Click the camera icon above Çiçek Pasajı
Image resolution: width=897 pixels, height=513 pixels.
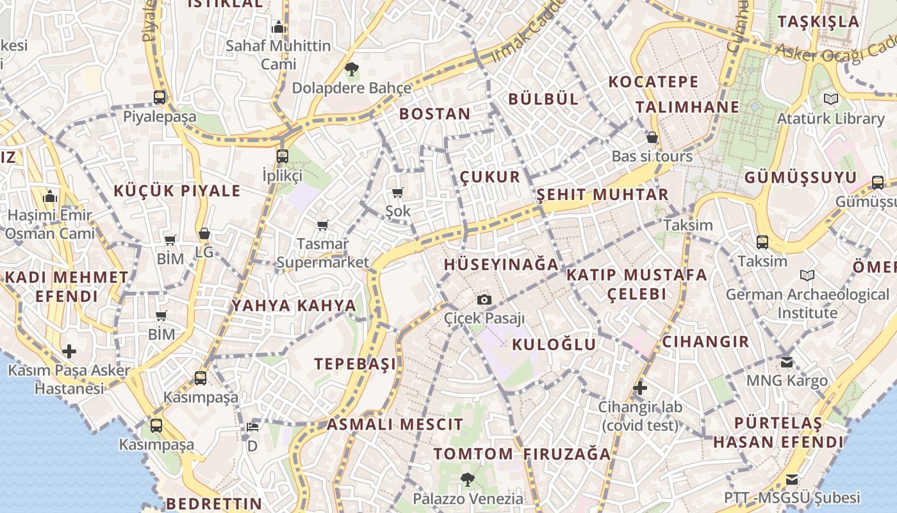tap(484, 299)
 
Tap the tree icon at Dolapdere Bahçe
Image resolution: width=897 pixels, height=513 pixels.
tap(351, 69)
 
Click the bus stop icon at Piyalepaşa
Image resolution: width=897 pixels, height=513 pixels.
tap(160, 97)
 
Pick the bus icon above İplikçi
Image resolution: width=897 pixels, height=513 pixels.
tap(283, 156)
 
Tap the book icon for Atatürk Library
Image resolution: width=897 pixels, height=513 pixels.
tap(831, 99)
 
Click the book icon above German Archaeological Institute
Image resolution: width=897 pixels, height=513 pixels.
tap(807, 276)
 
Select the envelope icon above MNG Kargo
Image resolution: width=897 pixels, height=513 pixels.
tap(787, 362)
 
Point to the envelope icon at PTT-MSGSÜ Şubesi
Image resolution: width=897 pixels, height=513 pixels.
tap(792, 479)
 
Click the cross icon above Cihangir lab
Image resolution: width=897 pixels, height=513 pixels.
tap(639, 388)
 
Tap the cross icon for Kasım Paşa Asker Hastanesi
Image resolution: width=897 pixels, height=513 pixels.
tap(69, 351)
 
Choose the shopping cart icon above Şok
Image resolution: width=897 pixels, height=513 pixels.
tap(398, 192)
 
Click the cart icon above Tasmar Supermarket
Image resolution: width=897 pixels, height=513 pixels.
tap(323, 225)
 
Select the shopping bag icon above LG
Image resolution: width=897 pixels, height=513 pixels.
tap(204, 233)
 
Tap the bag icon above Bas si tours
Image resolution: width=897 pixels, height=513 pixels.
tap(652, 137)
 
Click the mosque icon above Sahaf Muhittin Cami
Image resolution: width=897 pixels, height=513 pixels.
tap(278, 27)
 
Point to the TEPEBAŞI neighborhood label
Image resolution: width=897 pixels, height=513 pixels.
tap(355, 364)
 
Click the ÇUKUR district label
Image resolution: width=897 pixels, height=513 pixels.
tap(490, 177)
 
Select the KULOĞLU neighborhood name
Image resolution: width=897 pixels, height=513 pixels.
tap(554, 344)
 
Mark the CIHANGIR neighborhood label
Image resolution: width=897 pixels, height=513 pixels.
tap(705, 341)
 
